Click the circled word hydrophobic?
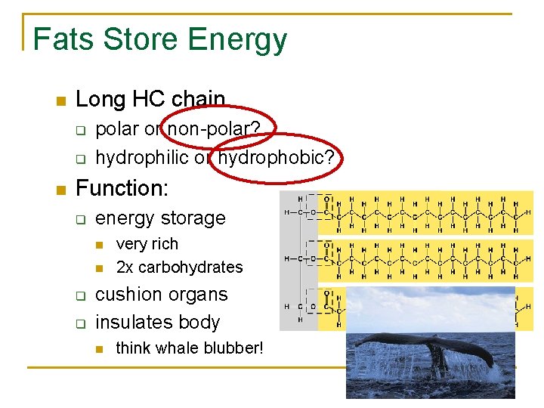pos(280,157)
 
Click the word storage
pos(193,218)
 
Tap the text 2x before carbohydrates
pos(124,267)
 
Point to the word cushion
pos(129,295)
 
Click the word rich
pos(164,244)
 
